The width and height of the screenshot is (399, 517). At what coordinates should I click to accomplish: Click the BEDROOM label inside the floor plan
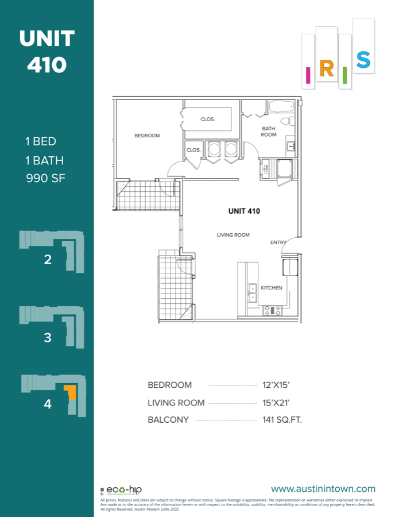coord(147,136)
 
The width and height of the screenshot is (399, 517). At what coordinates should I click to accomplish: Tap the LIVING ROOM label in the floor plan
coord(233,235)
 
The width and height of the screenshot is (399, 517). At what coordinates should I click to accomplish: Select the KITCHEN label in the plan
coord(272,288)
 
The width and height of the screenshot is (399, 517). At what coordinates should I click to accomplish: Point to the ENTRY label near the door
coord(278,242)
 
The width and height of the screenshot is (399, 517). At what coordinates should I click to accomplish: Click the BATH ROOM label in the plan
coord(269,132)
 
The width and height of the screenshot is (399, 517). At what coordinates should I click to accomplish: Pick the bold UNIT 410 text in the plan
coord(244,211)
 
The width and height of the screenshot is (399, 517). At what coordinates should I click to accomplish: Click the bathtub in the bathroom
coord(281,107)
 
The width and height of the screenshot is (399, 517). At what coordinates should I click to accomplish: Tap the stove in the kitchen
coord(273,310)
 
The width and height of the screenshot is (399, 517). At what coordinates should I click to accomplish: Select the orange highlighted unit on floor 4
coord(70,392)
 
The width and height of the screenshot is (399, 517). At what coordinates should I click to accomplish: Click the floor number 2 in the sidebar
coord(48,260)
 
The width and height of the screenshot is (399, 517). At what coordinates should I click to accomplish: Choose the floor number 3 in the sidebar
coord(48,338)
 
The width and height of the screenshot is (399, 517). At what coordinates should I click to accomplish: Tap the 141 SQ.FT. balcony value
coord(278,420)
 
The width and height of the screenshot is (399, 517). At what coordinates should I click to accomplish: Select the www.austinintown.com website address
coord(323,489)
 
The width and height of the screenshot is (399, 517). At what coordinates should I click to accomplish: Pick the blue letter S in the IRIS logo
coord(363,60)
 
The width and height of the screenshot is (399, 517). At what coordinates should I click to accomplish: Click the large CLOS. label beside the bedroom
coord(207,119)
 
